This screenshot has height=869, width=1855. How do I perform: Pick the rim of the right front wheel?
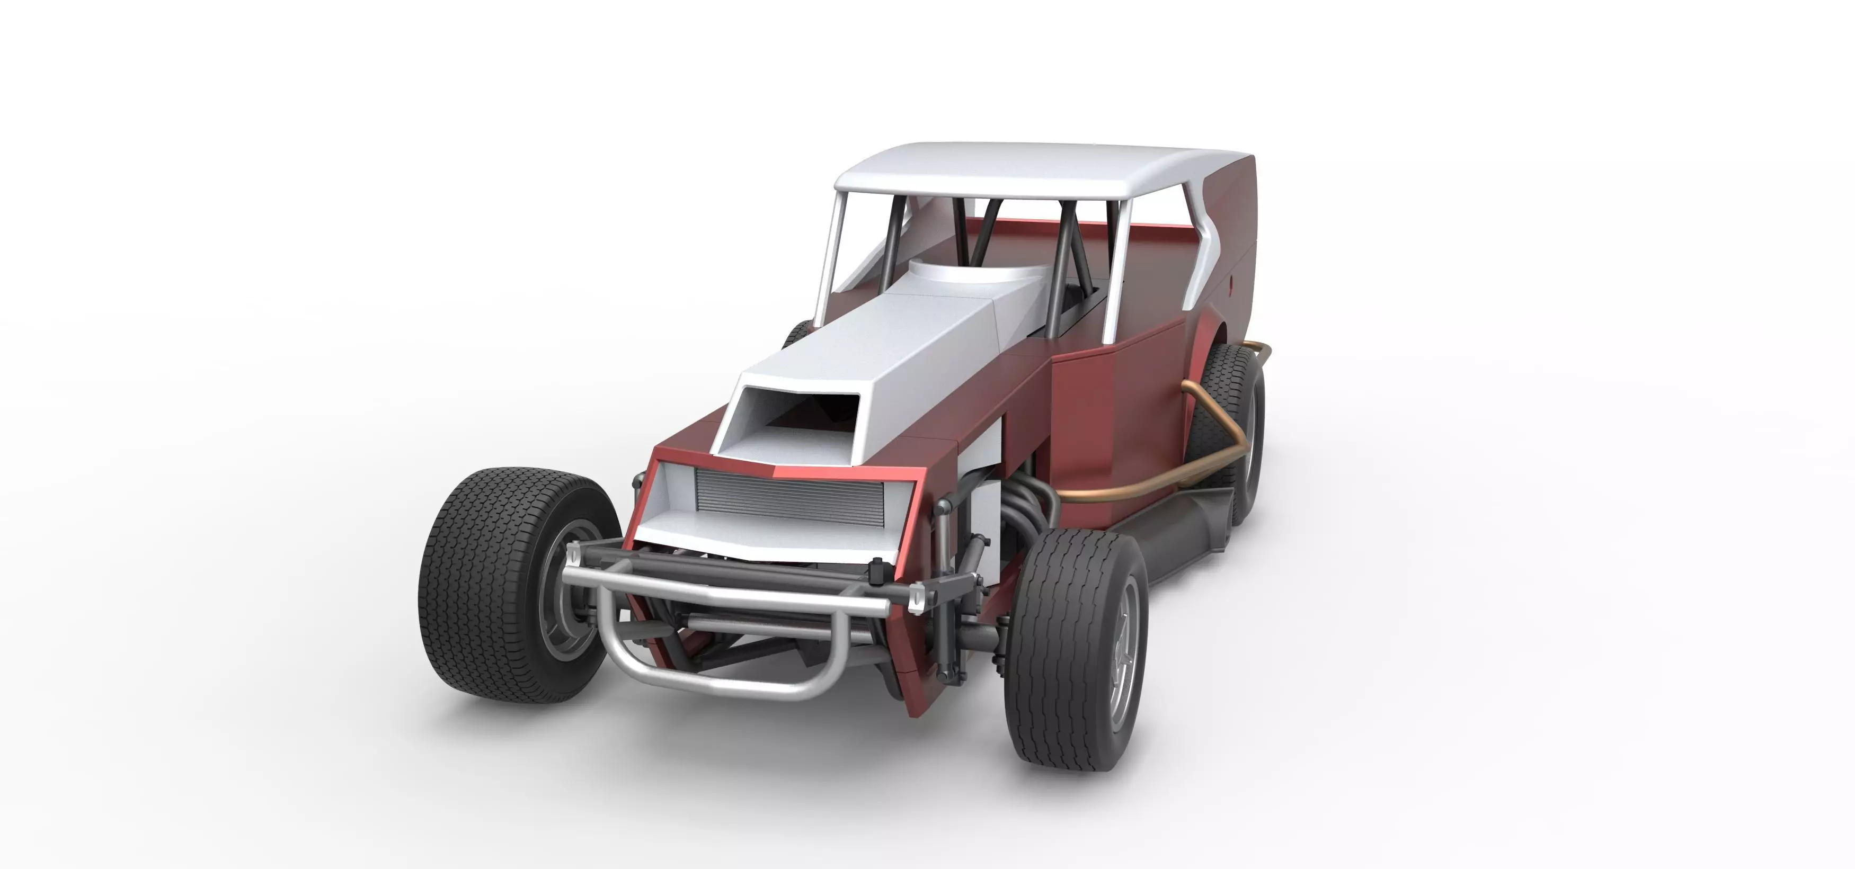point(1123,662)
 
